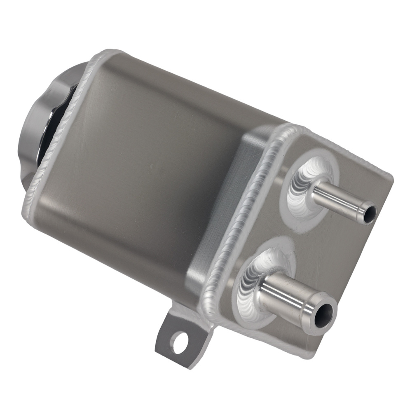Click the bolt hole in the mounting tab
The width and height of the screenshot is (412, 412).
click(x=178, y=344)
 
